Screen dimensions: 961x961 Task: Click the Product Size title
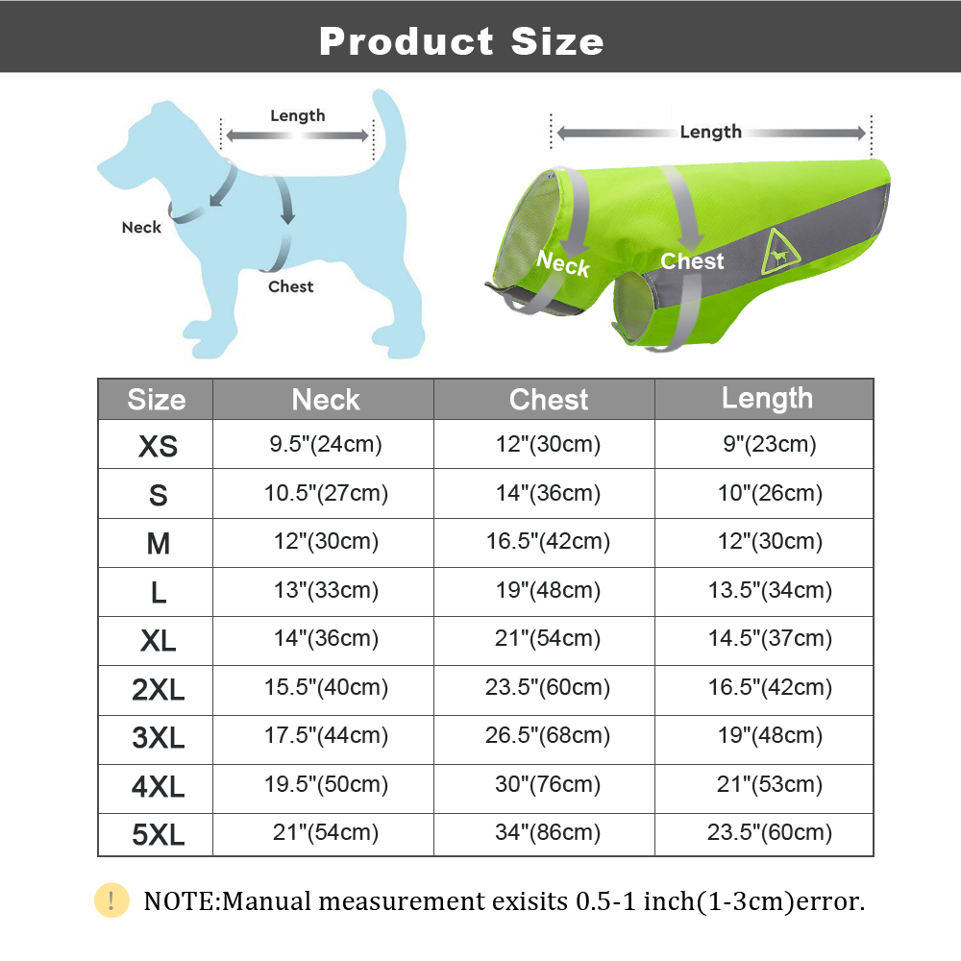click(461, 41)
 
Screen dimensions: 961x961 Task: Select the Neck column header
click(326, 400)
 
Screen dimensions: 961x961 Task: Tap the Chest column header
click(549, 400)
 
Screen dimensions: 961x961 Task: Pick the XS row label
click(158, 446)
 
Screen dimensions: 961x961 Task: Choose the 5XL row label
click(158, 834)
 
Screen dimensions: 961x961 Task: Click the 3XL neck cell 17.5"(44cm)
click(326, 736)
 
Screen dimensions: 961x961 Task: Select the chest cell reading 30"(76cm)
click(548, 784)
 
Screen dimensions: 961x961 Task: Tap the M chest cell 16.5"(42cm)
click(548, 541)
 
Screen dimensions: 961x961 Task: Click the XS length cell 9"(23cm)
click(767, 444)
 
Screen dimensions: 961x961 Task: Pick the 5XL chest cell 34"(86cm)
click(548, 832)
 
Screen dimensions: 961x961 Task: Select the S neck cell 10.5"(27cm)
click(326, 493)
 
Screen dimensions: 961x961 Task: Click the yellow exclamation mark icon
click(111, 900)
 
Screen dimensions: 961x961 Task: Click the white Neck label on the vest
click(562, 262)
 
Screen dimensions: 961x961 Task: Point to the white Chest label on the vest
click(692, 261)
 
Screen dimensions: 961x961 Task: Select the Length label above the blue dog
click(297, 116)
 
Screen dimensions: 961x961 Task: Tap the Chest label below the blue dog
click(290, 286)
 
